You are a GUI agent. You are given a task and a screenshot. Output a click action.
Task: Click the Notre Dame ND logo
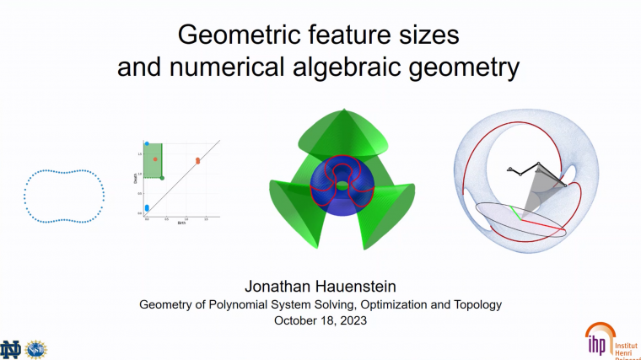pyautogui.click(x=13, y=347)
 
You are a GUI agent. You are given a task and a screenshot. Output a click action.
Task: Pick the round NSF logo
pyautogui.click(x=37, y=347)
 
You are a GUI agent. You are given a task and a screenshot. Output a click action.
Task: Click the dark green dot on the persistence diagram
pyautogui.click(x=163, y=177)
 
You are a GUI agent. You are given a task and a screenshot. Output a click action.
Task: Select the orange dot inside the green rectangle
pyautogui.click(x=155, y=159)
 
